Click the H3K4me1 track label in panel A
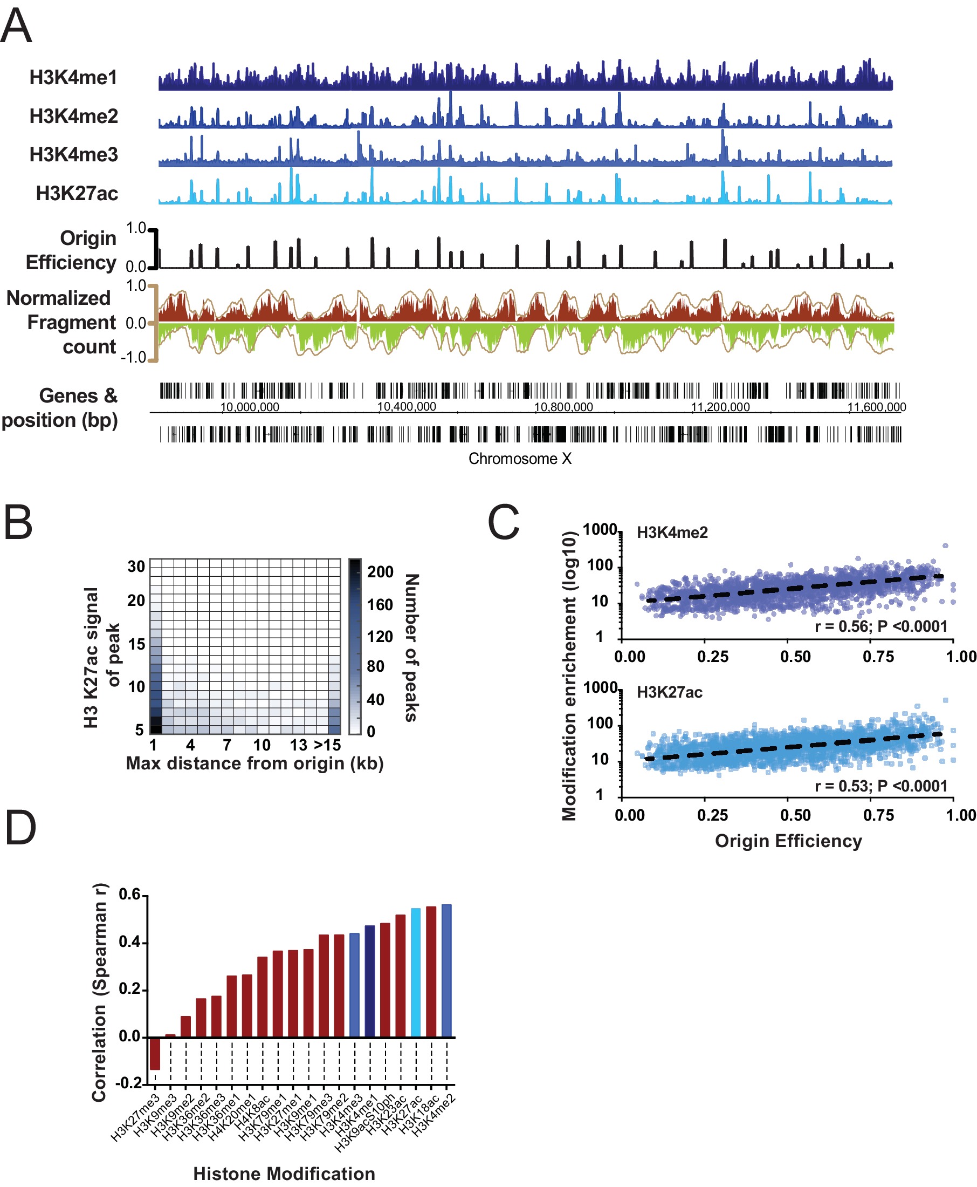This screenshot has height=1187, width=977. (x=73, y=78)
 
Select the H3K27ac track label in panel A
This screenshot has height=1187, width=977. (x=77, y=193)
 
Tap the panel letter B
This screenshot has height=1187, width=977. (x=18, y=522)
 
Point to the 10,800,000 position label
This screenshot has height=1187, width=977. (x=563, y=407)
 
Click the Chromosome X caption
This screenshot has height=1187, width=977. (x=519, y=459)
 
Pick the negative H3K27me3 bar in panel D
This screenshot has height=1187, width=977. (x=155, y=1053)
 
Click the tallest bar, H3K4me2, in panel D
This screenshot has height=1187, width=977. (x=446, y=971)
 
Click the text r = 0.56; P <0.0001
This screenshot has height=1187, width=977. (x=881, y=626)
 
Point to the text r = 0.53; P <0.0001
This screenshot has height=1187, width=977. (x=881, y=786)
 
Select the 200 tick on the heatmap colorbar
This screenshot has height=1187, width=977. (x=381, y=572)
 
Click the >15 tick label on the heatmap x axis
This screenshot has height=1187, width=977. (x=327, y=745)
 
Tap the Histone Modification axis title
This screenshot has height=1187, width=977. (x=284, y=1174)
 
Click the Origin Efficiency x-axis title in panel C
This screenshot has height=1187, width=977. (x=788, y=841)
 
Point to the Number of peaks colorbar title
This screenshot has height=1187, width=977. (x=412, y=647)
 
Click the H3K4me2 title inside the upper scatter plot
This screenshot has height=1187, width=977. (x=672, y=533)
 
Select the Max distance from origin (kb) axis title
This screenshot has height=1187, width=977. (x=254, y=763)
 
